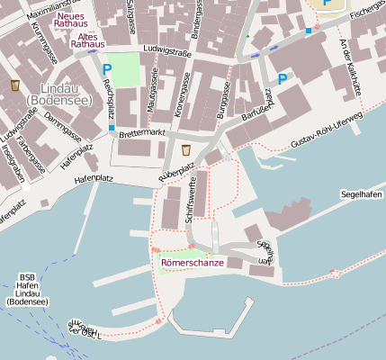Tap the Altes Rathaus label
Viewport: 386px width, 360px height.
click(86, 39)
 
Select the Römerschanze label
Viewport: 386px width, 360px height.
click(193, 263)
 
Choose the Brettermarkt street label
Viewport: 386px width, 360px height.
click(142, 133)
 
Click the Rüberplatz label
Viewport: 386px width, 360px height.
click(177, 169)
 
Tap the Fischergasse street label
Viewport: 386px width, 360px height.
click(367, 10)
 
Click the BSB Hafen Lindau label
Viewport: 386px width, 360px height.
click(27, 290)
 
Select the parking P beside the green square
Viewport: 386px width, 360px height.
click(107, 68)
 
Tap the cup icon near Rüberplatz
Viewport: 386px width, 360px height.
click(185, 148)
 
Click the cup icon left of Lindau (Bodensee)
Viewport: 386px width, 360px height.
click(15, 85)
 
